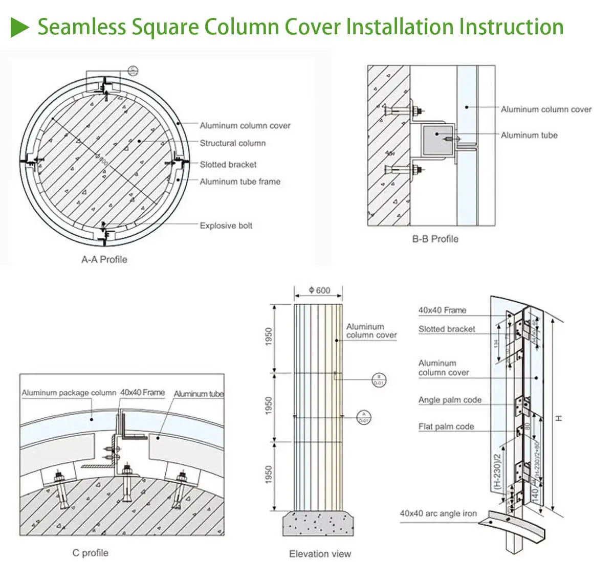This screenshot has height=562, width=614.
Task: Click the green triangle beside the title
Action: (20, 26)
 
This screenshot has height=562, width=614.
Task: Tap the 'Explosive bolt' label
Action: (226, 226)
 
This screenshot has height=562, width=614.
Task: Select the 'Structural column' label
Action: (232, 143)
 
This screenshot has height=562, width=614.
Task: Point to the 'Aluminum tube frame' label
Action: (239, 182)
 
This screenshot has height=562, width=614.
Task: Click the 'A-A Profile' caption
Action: (104, 259)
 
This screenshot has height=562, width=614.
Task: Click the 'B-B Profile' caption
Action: (435, 239)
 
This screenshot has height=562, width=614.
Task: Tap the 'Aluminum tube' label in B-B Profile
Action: (529, 135)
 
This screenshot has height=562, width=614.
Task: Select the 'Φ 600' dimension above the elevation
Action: (319, 290)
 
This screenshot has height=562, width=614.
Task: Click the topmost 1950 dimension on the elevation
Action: (270, 337)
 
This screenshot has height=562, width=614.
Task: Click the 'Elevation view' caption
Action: (320, 554)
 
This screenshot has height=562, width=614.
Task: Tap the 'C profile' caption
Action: (90, 553)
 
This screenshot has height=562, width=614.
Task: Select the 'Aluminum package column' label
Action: (69, 393)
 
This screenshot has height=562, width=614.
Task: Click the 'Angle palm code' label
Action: (450, 400)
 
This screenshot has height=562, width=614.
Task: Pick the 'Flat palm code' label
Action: (446, 426)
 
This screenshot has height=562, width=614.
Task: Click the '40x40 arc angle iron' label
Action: (438, 513)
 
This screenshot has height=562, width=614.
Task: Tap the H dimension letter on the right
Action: (559, 418)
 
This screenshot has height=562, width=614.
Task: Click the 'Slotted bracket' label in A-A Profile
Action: (228, 164)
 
